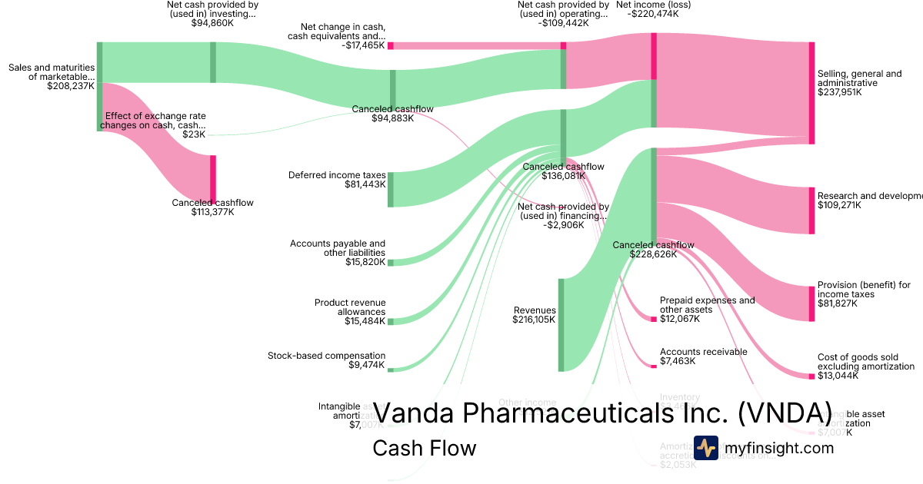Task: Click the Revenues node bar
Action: tap(561, 324)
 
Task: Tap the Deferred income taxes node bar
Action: tap(391, 190)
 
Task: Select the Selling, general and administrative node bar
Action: tap(811, 92)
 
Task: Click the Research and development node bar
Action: tap(811, 210)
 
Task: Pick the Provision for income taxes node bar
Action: tap(811, 303)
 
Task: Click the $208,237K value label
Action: tap(71, 87)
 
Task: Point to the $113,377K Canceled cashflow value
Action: tap(212, 212)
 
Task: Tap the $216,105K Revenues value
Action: tap(534, 320)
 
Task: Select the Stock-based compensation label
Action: tap(326, 356)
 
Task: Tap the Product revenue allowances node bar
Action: tap(391, 321)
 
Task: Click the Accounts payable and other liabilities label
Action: tap(338, 248)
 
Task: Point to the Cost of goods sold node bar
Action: tap(811, 376)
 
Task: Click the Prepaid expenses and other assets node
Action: tap(654, 318)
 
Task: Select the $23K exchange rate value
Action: tap(194, 134)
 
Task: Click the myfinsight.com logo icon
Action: tap(706, 448)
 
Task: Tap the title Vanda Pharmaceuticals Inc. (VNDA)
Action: tap(602, 413)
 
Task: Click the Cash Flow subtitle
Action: tap(424, 448)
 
